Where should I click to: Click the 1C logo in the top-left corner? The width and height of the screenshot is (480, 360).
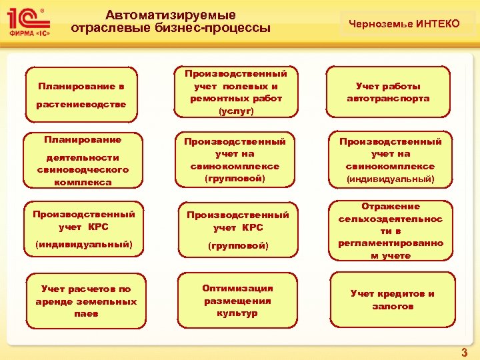tap(27, 20)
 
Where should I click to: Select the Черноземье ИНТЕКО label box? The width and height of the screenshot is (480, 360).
tap(409, 24)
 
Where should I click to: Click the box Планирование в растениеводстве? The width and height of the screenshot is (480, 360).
tap(82, 95)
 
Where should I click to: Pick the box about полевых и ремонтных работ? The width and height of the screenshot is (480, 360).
tap(235, 93)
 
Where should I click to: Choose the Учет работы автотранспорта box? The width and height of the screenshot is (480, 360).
tap(388, 93)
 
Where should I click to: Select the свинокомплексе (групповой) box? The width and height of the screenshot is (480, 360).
tap(235, 160)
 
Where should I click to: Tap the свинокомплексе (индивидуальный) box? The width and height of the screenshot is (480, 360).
tap(390, 160)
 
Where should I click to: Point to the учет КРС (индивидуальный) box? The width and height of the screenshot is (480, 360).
tap(83, 229)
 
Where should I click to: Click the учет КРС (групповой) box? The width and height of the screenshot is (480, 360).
tap(237, 229)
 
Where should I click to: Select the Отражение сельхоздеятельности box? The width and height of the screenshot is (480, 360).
tap(390, 231)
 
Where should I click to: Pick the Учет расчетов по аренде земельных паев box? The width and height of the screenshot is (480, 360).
tap(86, 301)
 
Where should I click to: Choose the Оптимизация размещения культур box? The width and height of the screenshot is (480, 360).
tap(237, 300)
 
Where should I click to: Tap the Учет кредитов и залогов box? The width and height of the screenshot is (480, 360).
tap(393, 299)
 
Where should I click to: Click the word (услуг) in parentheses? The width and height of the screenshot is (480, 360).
tap(236, 111)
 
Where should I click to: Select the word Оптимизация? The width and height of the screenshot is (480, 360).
tap(237, 288)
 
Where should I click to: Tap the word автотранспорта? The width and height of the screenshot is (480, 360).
tap(388, 99)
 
